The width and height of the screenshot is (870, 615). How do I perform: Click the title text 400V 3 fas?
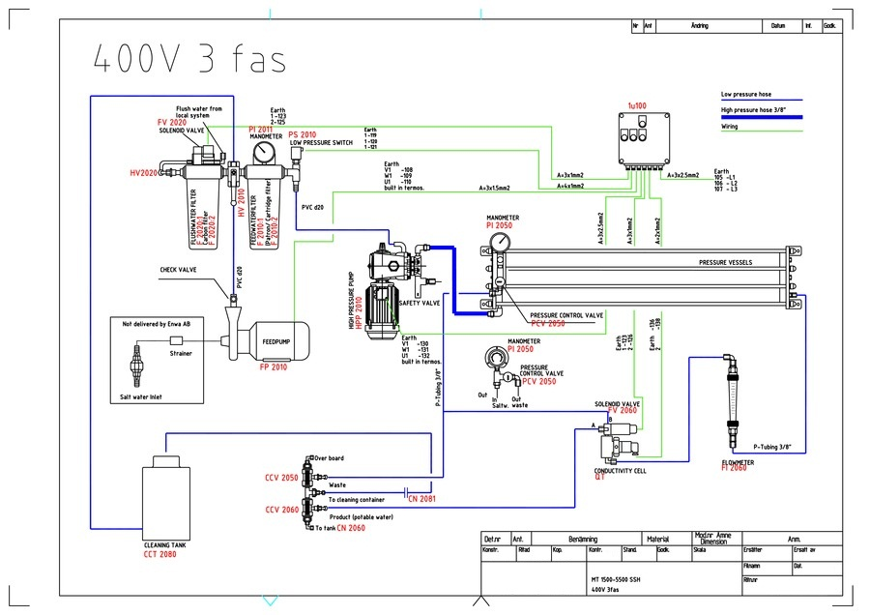(189, 59)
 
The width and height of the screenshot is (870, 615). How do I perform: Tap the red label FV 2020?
(172, 123)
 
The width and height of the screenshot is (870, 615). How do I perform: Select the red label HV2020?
(143, 173)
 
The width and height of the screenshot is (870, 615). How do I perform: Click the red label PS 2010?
(302, 134)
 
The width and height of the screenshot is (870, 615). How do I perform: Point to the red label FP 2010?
(274, 367)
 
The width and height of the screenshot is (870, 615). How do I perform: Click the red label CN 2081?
(420, 500)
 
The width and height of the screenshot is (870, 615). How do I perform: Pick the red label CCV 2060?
(282, 510)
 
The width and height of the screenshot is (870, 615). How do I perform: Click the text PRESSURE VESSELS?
(726, 263)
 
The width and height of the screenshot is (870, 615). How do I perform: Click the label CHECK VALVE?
(178, 270)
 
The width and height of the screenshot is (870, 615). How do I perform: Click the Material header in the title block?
(658, 540)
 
